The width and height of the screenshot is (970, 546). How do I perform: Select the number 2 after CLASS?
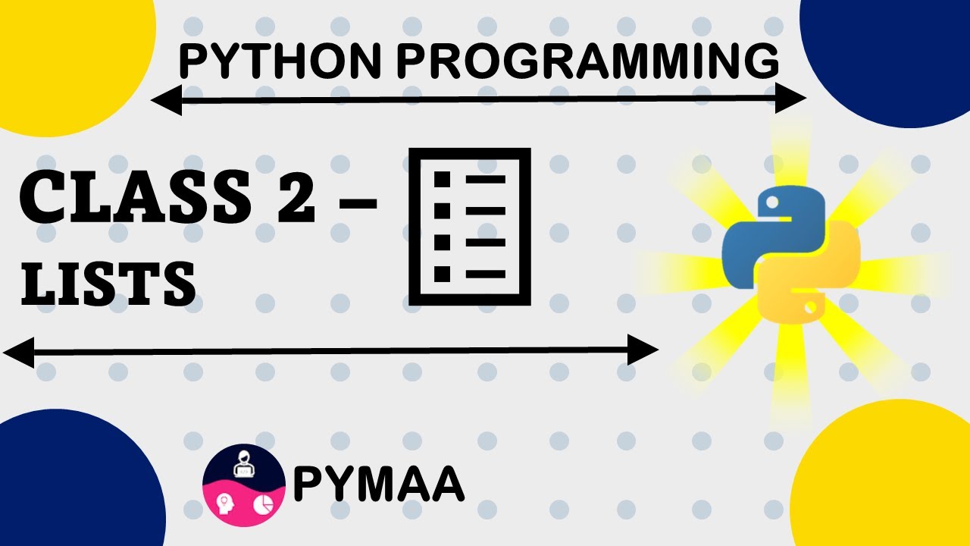pyautogui.click(x=289, y=197)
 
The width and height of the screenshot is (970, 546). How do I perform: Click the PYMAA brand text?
pyautogui.click(x=378, y=485)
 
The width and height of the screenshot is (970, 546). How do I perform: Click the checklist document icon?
pyautogui.click(x=469, y=227)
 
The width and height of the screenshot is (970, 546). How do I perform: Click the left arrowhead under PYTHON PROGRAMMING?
pyautogui.click(x=166, y=99)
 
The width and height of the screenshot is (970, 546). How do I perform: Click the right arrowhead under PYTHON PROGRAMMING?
pyautogui.click(x=791, y=99)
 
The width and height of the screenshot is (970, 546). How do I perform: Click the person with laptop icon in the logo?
pyautogui.click(x=244, y=464)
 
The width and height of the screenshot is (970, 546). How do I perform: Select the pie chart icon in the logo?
pyautogui.click(x=263, y=504)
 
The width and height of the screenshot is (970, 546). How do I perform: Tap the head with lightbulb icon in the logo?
pyautogui.click(x=225, y=504)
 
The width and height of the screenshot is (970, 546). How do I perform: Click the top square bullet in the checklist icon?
pyautogui.click(x=441, y=180)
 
